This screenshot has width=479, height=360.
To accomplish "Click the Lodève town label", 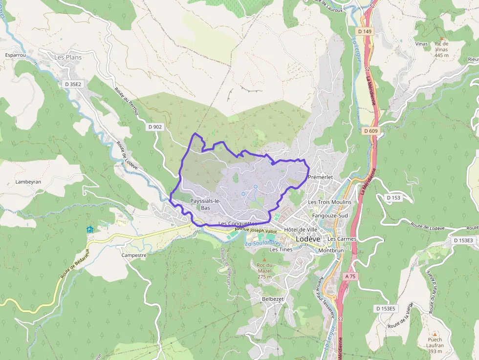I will (308, 239).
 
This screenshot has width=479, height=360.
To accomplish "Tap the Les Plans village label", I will (68, 57).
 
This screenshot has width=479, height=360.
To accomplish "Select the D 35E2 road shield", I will (73, 84).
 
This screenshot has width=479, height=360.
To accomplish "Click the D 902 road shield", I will (154, 127).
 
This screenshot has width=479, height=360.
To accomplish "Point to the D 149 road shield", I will (364, 32).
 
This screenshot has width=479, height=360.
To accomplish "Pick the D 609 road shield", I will (371, 131).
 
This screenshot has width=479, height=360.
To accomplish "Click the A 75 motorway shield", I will (350, 276).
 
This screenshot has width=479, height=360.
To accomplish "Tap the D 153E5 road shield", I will (386, 309).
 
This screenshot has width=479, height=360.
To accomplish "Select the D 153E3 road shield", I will (463, 240).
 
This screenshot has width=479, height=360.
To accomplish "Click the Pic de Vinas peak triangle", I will (442, 38).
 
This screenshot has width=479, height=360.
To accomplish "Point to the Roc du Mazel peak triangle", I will (264, 259).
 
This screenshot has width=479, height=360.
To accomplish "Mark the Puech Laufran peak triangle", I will (434, 334).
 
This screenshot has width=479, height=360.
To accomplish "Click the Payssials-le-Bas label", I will (205, 204).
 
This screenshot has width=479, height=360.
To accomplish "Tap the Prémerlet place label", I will (321, 177).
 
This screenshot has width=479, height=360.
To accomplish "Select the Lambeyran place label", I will (28, 182).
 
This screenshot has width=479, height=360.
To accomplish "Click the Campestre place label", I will (134, 255).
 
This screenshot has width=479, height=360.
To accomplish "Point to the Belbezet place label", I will (273, 298).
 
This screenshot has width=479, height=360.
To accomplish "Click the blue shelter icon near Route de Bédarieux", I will (89, 230).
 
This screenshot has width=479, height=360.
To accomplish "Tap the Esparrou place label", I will (15, 55).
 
